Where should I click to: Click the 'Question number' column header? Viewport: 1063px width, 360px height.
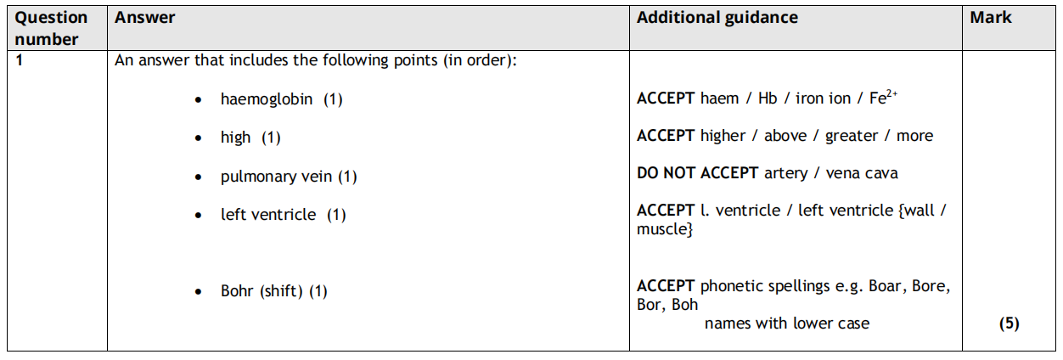pos(52,28)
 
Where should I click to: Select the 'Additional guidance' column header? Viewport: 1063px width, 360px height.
pos(717,18)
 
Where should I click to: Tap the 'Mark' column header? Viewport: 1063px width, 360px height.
pos(991,18)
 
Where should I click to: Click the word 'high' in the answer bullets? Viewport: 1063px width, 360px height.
pos(235,138)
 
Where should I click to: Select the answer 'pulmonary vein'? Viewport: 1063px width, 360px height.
pos(277,177)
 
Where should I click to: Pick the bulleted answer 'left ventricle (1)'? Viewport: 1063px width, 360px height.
pos(283,215)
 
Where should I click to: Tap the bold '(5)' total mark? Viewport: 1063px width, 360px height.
pos(1010,323)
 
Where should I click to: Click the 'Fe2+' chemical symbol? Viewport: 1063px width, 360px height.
pos(883,98)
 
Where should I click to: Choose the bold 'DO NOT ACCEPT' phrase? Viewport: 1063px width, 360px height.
pos(697,173)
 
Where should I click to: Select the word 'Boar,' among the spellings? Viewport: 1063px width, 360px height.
pos(887,286)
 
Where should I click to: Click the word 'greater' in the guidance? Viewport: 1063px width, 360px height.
pos(853,136)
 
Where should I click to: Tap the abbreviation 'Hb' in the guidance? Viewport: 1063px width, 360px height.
pos(768,98)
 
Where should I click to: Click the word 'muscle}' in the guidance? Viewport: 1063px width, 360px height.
pos(665,229)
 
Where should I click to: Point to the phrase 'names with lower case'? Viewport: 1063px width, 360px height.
pos(787,323)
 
